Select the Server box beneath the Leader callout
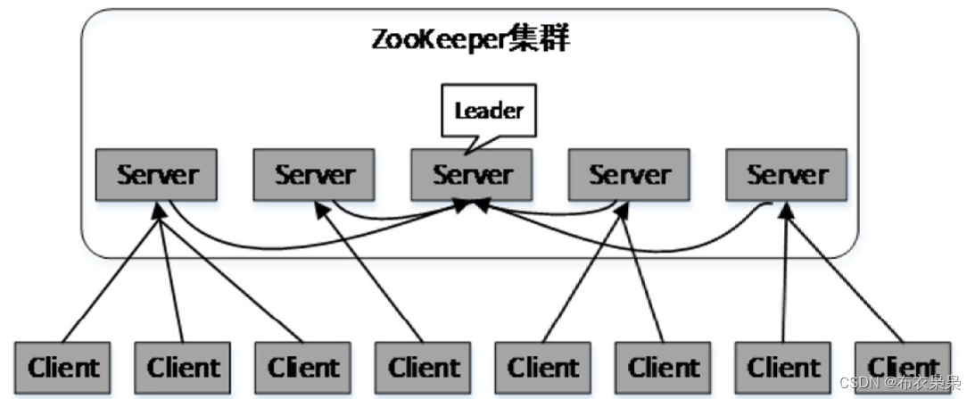pos(471,174)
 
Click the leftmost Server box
pos(157,174)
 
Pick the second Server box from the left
pos(314,174)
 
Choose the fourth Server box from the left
pos(629,174)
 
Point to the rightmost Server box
pos(786,174)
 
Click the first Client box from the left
pos(62,367)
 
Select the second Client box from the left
pos(183,367)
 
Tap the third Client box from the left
pos(303,367)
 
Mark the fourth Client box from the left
pos(424,367)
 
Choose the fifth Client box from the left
pos(543,367)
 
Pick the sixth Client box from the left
pos(664,367)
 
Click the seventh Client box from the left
pos(783,367)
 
